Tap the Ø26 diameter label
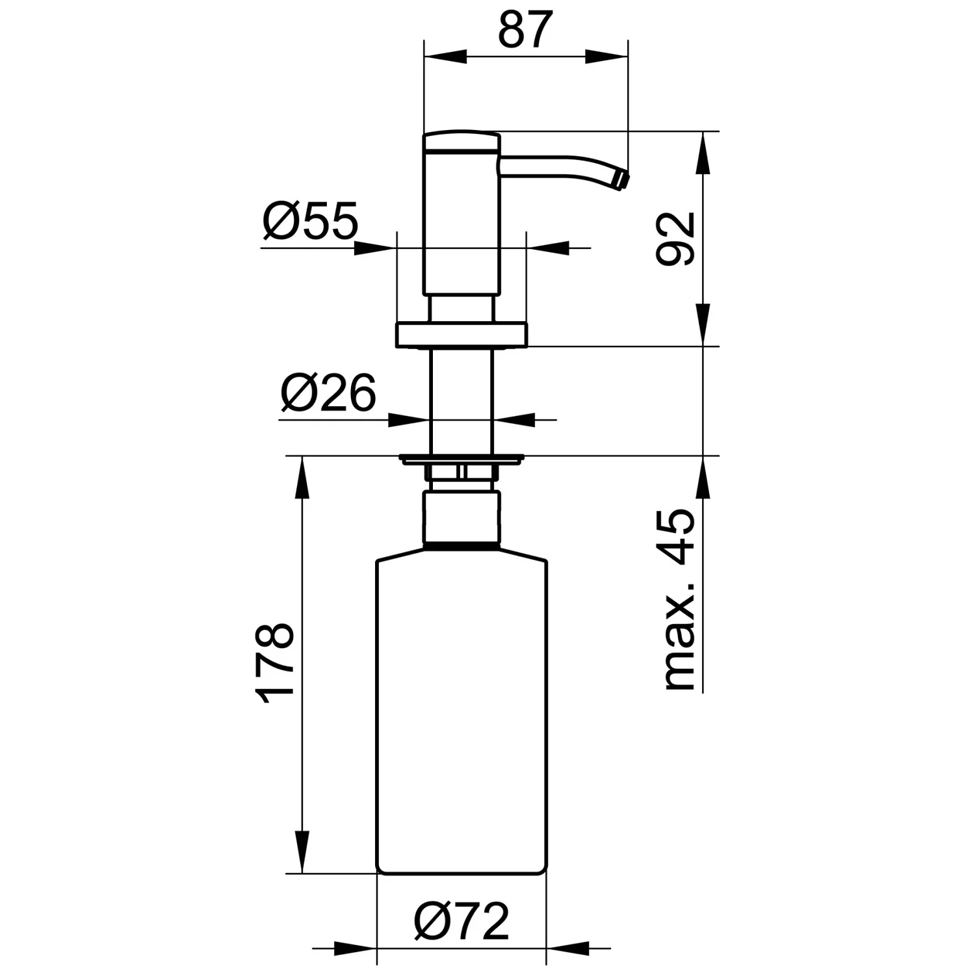(328, 393)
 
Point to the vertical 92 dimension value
(675, 239)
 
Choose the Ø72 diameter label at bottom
(462, 920)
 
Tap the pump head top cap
(462, 142)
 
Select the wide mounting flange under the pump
(461, 333)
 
